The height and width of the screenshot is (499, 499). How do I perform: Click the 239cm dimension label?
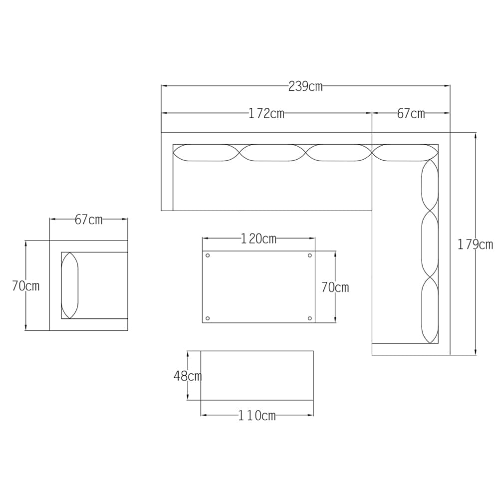305,86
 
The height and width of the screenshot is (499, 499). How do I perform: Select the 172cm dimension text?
266,113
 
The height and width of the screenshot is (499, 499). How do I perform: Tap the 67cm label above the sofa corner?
411,113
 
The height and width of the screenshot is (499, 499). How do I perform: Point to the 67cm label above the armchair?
89,220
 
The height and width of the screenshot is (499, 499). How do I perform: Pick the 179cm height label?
475,245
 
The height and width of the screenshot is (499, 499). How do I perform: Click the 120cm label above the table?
258,239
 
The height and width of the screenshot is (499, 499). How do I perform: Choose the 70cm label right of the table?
335,287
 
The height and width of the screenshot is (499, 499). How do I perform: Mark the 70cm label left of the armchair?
26,286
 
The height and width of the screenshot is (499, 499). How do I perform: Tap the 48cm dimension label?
188,376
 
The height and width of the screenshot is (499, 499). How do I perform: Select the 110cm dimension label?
257,416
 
